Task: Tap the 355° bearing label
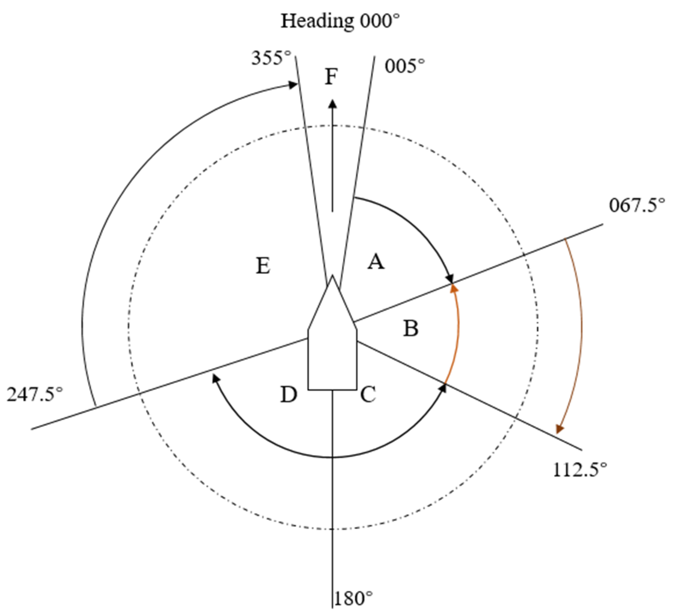point(271,58)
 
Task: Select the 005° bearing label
point(405,66)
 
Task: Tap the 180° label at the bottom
point(353,599)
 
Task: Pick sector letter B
point(411,328)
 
